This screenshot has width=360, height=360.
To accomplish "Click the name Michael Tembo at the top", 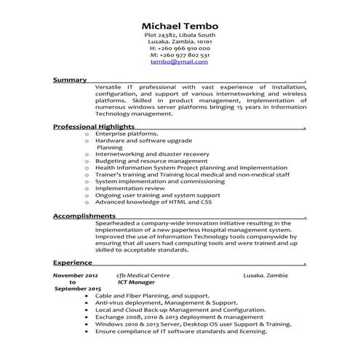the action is click(x=180, y=26).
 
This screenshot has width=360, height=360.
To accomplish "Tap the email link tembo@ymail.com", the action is click(x=180, y=63).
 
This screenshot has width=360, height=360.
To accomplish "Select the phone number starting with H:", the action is click(x=180, y=48).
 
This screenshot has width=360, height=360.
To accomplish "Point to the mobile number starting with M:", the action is click(x=180, y=55).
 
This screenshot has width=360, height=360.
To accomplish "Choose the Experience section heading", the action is click(x=73, y=262).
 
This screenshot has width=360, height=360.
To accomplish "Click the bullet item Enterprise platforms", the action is click(x=127, y=135).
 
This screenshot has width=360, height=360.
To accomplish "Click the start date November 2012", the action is click(x=76, y=276).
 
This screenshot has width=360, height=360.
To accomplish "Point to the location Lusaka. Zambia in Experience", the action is click(x=265, y=276).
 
